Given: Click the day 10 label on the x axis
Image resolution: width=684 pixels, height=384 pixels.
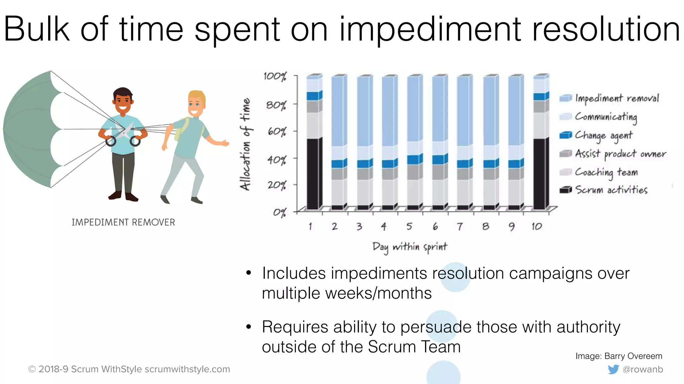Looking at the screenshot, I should (537, 227).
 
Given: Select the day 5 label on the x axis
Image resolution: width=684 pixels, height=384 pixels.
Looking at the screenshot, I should (409, 227).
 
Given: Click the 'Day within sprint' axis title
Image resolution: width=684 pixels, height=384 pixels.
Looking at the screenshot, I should (409, 247).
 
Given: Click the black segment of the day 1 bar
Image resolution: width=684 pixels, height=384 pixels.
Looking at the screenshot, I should (313, 173).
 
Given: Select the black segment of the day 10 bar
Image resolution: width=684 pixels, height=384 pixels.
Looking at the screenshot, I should (539, 173).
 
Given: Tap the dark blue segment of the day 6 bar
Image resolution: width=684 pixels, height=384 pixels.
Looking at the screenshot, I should (438, 160).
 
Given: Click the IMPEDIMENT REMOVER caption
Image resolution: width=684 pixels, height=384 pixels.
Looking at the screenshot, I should (123, 222).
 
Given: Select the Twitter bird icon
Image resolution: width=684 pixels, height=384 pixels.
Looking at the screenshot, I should (613, 369).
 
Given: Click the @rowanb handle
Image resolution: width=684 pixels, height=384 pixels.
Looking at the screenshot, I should (643, 369).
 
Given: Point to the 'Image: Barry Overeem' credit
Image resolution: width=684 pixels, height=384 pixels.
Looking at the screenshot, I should (619, 356).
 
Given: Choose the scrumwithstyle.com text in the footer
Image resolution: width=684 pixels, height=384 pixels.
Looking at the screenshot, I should (187, 369).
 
